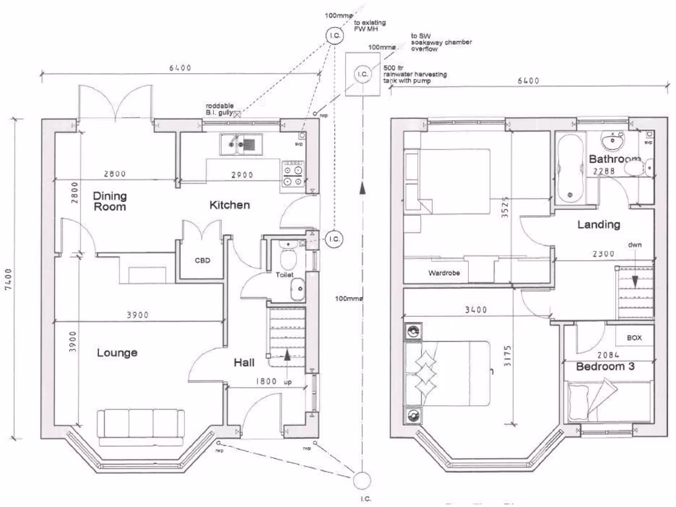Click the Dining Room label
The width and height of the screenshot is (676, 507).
tap(110, 201)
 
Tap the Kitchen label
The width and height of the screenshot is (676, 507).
tap(230, 205)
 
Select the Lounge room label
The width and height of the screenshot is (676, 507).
tap(118, 353)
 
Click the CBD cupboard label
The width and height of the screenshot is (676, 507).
tap(202, 260)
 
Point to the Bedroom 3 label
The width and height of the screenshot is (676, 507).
tap(605, 366)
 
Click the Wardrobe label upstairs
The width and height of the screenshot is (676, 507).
tap(444, 272)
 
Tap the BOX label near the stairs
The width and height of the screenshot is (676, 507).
tap(634, 338)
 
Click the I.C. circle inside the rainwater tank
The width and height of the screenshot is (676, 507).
tap(362, 75)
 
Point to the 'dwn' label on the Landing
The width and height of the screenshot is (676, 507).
tap(634, 244)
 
